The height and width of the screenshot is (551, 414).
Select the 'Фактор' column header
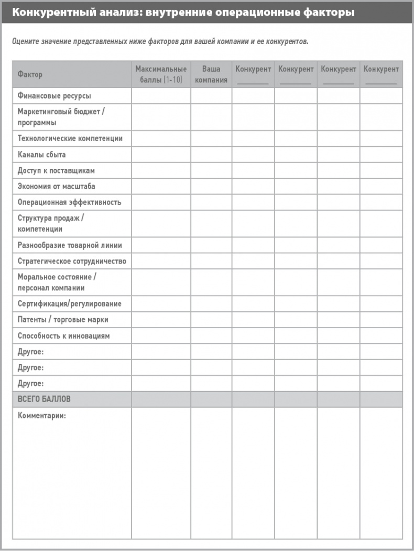coord(30,74)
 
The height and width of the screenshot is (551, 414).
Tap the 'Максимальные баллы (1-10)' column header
coord(161,74)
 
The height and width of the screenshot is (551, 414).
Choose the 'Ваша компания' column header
coord(211,74)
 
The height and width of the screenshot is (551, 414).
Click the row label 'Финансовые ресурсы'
coord(54,96)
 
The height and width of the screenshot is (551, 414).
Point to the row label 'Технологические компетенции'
coord(70,138)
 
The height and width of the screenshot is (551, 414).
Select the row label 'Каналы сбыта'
coord(41,155)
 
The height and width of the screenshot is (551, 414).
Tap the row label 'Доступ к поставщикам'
coord(56,170)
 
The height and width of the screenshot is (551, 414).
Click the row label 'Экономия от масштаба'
coord(56,186)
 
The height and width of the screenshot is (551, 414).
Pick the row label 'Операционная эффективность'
coord(69,202)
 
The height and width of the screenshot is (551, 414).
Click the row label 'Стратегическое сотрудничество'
coord(72,261)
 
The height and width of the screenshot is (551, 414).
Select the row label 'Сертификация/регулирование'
coord(69,304)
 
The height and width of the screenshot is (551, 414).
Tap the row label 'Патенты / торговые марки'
coord(63,319)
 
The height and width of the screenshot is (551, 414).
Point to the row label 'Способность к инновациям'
coord(63,336)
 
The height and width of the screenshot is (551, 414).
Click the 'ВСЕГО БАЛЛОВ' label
coord(44,399)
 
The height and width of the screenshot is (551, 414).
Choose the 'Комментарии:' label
coord(42,415)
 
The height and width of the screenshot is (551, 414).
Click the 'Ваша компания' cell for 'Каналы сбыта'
coord(211,155)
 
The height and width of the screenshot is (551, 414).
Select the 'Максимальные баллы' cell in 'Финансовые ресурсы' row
coord(161,96)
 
